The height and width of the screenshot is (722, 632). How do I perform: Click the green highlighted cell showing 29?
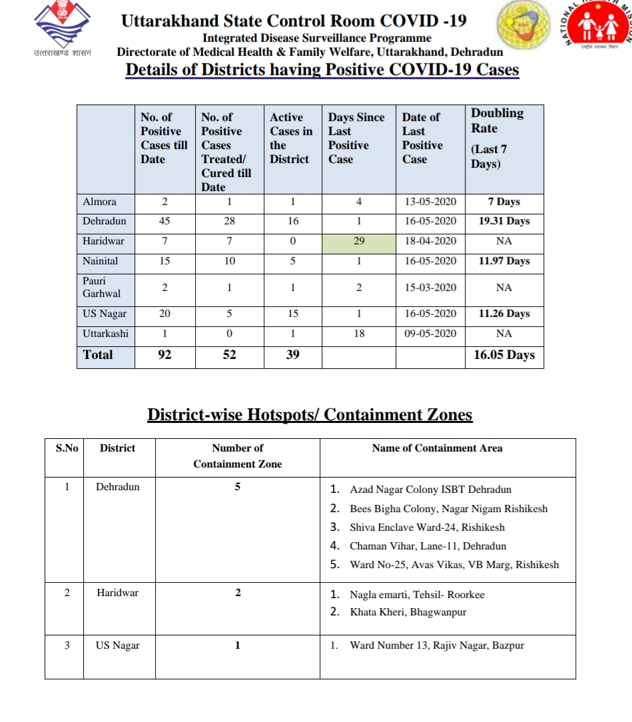[x=359, y=241]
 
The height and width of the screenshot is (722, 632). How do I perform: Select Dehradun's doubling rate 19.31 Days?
[x=504, y=221]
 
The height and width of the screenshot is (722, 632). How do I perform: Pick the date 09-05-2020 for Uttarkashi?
[x=430, y=334]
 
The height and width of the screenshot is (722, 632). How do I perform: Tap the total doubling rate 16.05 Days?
[x=504, y=355]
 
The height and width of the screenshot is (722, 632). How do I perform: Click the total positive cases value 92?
[x=164, y=355]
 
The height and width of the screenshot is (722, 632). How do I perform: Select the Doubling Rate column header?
[x=497, y=138]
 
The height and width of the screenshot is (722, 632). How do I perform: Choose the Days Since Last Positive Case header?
[x=356, y=138]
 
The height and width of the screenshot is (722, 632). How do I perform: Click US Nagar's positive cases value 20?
[x=164, y=314]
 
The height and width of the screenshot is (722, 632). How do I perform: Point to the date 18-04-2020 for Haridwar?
[x=430, y=241]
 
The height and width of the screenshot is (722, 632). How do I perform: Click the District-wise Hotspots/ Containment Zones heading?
[x=310, y=415]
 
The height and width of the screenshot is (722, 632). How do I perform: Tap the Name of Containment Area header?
[x=437, y=448]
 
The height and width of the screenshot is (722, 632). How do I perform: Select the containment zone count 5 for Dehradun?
[x=238, y=487]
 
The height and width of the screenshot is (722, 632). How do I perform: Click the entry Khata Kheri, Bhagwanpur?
[x=408, y=612]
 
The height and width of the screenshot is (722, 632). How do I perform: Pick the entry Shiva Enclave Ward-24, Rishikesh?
[x=427, y=527]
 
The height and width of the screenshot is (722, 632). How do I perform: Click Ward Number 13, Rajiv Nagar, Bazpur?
[x=436, y=645]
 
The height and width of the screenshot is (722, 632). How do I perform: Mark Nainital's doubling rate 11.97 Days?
[x=504, y=261]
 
